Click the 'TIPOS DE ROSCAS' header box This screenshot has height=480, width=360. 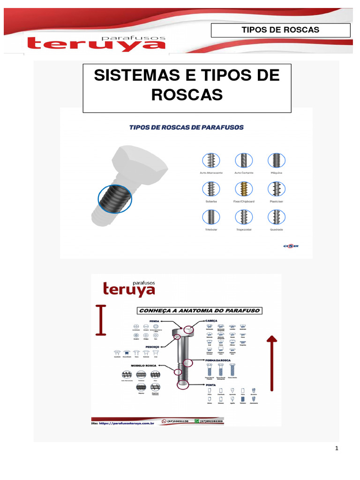click(280, 30)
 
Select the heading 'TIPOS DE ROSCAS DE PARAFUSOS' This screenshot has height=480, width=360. click(187, 127)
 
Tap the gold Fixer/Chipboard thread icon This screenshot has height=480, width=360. click(244, 189)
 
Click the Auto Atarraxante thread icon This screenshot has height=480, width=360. click(211, 160)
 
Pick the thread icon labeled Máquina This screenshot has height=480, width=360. click(277, 160)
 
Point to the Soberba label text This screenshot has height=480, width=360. click(211, 202)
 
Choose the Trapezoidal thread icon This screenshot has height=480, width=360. click(244, 217)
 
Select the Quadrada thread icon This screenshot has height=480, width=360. click(277, 217)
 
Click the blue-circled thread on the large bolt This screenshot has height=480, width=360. click(115, 199)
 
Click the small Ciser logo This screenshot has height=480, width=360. click(291, 246)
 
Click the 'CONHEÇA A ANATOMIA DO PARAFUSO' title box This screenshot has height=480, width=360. click(199, 310)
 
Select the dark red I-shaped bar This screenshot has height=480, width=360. click(100, 320)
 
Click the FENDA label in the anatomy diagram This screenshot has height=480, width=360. click(155, 321)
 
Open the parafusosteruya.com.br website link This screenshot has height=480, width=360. click(123, 423)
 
